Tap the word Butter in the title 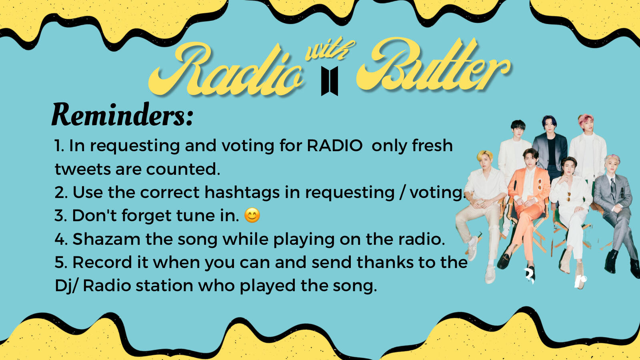433,66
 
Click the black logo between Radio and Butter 330,81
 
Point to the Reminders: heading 122,115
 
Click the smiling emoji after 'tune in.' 252,216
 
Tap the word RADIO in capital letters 334,146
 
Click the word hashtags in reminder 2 242,192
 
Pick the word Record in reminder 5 102,262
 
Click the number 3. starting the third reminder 61,216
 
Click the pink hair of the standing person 586,120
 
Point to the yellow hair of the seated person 485,156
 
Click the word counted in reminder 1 183,169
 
